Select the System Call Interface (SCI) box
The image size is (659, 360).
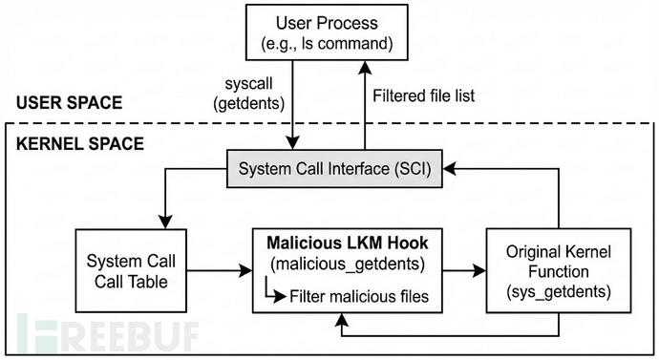pyautogui.click(x=325, y=171)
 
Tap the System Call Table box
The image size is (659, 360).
pyautogui.click(x=130, y=273)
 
